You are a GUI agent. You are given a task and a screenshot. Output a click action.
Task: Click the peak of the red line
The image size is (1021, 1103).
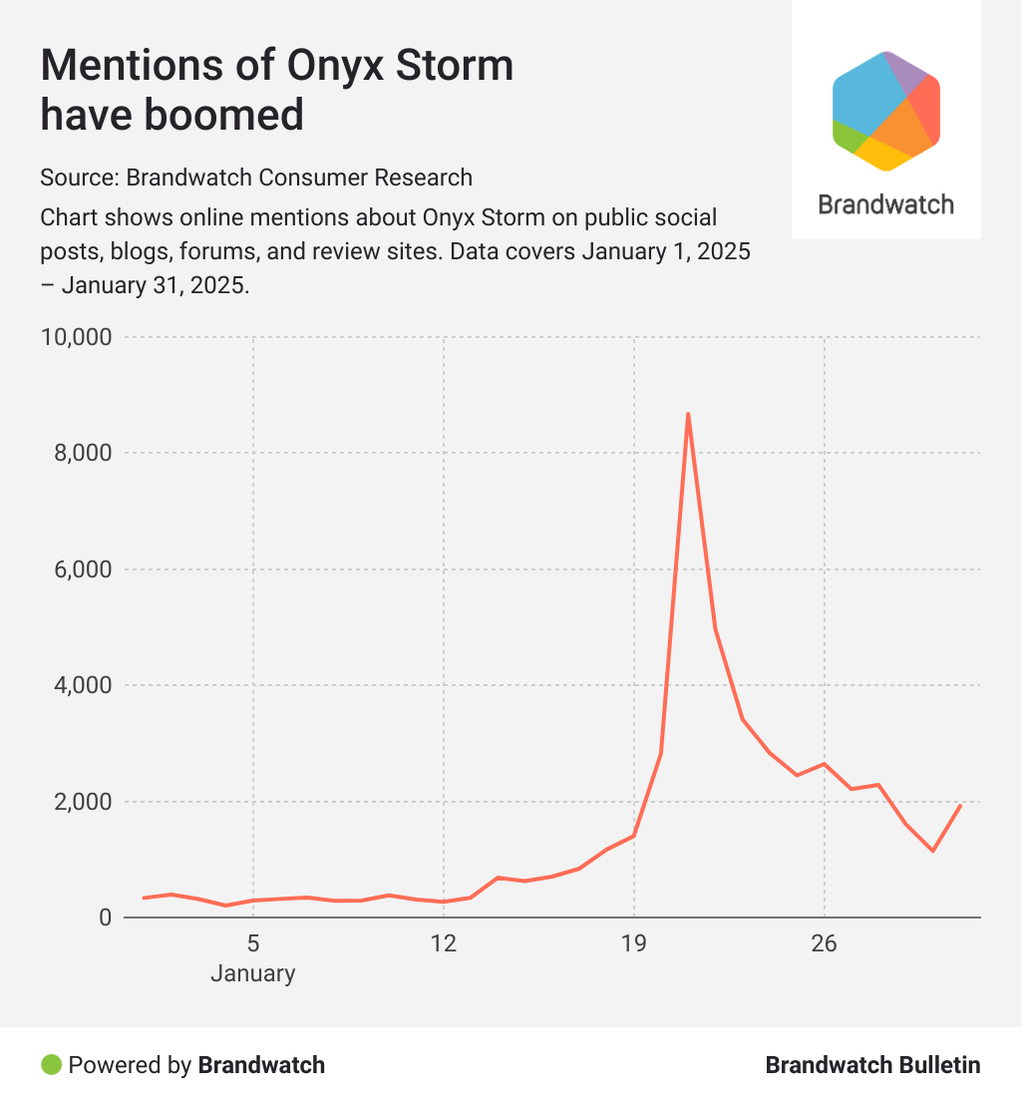tap(688, 414)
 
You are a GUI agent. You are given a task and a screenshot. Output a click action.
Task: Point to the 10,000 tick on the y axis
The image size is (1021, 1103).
tap(75, 337)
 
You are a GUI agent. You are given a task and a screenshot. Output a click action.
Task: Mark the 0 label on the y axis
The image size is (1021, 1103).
tap(104, 918)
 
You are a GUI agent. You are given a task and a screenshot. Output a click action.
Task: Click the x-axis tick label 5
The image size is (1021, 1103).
tap(253, 943)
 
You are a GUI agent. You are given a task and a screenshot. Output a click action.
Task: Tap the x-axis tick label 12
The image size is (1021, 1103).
tap(444, 943)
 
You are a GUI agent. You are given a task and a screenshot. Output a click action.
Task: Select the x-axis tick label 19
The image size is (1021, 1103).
tap(634, 943)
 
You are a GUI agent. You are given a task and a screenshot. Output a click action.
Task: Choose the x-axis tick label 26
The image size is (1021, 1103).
tap(825, 943)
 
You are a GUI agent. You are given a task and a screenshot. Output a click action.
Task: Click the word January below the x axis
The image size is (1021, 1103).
tap(253, 973)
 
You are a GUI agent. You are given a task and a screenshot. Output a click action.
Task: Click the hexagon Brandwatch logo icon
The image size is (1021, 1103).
tap(886, 111)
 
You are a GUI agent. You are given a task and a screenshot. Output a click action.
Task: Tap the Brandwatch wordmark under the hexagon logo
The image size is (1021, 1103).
tap(886, 204)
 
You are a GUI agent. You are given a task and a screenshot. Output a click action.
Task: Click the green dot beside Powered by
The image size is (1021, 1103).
tap(51, 1064)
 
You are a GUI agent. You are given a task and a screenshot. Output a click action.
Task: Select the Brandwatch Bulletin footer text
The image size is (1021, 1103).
tap(872, 1065)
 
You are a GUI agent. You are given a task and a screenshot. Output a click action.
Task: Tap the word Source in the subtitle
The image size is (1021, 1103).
tap(79, 178)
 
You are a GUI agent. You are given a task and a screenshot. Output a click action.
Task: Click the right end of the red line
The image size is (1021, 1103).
tap(960, 805)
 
